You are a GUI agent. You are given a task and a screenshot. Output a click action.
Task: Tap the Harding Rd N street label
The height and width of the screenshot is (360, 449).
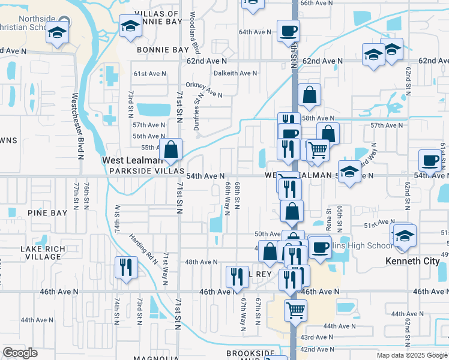pyautogui.click(x=143, y=247)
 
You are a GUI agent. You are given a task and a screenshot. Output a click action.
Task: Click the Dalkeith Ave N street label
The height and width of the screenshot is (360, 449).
pyautogui.click(x=237, y=73)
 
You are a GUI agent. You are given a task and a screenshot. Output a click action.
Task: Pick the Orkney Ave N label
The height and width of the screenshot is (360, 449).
pyautogui.click(x=204, y=89)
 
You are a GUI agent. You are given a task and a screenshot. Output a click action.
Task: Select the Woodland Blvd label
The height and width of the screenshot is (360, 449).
pyautogui.click(x=193, y=33)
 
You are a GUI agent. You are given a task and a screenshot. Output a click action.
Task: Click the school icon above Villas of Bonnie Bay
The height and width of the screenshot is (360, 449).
pyautogui.click(x=128, y=26)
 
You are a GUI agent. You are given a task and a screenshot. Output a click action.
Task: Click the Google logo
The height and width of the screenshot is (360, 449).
pyautogui.click(x=20, y=353)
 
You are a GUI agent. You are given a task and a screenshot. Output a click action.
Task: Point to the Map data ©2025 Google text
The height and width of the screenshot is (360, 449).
pyautogui.click(x=412, y=355)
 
